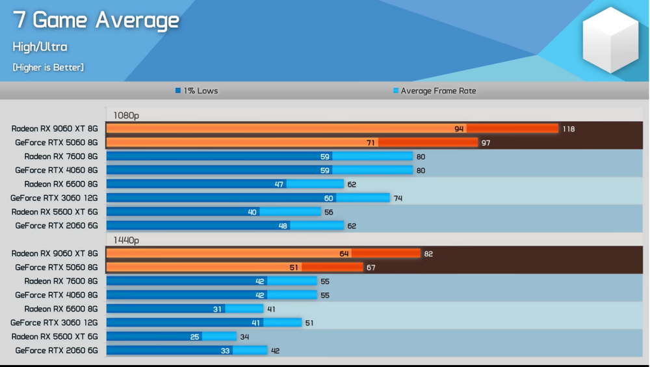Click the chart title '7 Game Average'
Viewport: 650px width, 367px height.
click(x=96, y=20)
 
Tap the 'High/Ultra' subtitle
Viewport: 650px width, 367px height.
click(x=40, y=47)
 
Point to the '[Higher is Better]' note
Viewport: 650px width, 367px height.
click(x=48, y=67)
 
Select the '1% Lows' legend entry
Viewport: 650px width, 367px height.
click(x=196, y=90)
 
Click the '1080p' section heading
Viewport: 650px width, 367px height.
click(x=126, y=115)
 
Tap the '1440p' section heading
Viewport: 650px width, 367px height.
click(x=126, y=240)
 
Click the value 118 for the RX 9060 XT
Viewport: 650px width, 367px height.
click(x=569, y=129)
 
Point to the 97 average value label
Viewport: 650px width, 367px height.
click(x=486, y=143)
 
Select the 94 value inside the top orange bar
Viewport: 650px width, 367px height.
click(x=459, y=129)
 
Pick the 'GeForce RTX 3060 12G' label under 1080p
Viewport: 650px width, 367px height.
click(x=54, y=198)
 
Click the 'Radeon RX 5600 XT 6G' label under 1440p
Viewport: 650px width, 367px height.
click(x=55, y=336)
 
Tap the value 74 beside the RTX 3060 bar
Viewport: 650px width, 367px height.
click(x=398, y=198)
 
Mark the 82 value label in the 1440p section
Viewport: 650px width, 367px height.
click(x=428, y=254)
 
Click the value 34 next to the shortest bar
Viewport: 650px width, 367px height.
click(x=244, y=336)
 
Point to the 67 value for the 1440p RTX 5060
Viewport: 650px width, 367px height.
click(x=371, y=267)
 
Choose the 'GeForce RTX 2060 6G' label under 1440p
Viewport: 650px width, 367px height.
click(x=57, y=351)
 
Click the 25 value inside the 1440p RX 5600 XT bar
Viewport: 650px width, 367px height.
click(x=194, y=336)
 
